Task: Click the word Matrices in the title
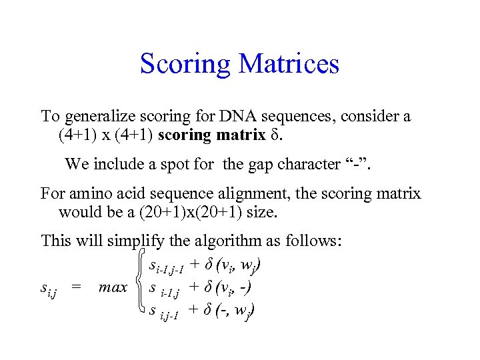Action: tap(289, 64)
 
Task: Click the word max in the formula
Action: tap(113, 288)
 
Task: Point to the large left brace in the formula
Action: tap(139, 287)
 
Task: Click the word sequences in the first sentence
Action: tap(298, 117)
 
